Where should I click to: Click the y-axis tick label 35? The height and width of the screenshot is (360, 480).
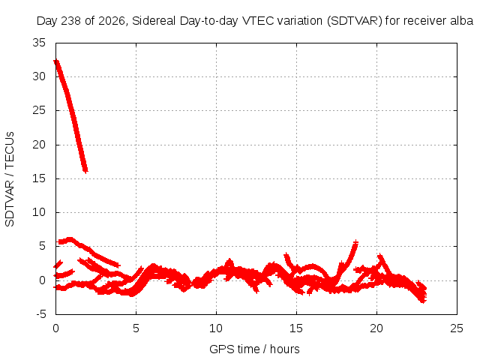(x=39, y=43)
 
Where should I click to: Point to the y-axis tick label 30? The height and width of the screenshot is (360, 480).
(x=39, y=76)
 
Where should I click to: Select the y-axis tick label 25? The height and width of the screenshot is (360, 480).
(x=39, y=110)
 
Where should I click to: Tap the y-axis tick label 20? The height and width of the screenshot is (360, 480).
(x=39, y=145)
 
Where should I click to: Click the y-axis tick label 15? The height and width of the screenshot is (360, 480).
(x=39, y=178)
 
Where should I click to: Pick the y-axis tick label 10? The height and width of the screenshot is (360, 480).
(x=39, y=212)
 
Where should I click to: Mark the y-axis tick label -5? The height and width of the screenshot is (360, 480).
(x=41, y=314)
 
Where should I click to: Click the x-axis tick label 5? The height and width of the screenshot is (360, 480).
(x=136, y=328)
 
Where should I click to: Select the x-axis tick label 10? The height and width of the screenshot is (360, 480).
(x=216, y=328)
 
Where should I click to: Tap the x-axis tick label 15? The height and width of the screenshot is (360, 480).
(x=296, y=328)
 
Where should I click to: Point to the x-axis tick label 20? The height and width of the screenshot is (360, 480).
(x=376, y=328)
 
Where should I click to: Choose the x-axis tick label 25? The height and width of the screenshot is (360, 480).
(x=457, y=328)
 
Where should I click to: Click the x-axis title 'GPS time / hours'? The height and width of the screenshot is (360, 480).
(x=254, y=349)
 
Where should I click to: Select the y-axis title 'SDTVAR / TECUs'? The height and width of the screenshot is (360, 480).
(x=10, y=179)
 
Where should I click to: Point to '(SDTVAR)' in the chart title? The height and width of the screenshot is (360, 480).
(x=355, y=21)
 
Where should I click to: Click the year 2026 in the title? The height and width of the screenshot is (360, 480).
(x=112, y=21)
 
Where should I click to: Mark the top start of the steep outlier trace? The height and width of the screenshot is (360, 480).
(x=56, y=61)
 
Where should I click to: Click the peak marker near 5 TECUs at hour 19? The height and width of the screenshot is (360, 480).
(x=355, y=243)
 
